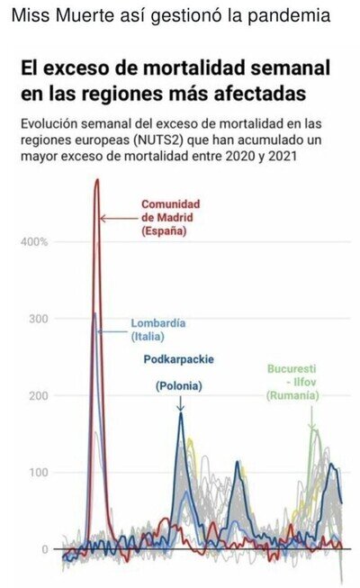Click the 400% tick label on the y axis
(x=34, y=242)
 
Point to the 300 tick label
(x=39, y=319)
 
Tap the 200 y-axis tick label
(x=39, y=395)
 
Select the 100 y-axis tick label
(x=39, y=473)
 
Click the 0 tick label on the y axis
(x=45, y=549)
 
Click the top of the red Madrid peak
(x=97, y=179)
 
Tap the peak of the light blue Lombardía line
(x=94, y=313)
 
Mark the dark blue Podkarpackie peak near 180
(x=181, y=413)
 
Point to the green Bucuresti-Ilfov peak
(x=313, y=429)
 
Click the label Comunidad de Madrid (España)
(x=171, y=218)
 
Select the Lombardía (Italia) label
(x=157, y=330)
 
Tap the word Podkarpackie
(x=178, y=359)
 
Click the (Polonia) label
(x=179, y=386)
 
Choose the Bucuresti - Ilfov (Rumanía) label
(x=292, y=382)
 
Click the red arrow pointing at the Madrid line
(x=119, y=218)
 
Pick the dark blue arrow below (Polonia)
(x=180, y=402)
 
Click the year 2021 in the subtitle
(x=283, y=156)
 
